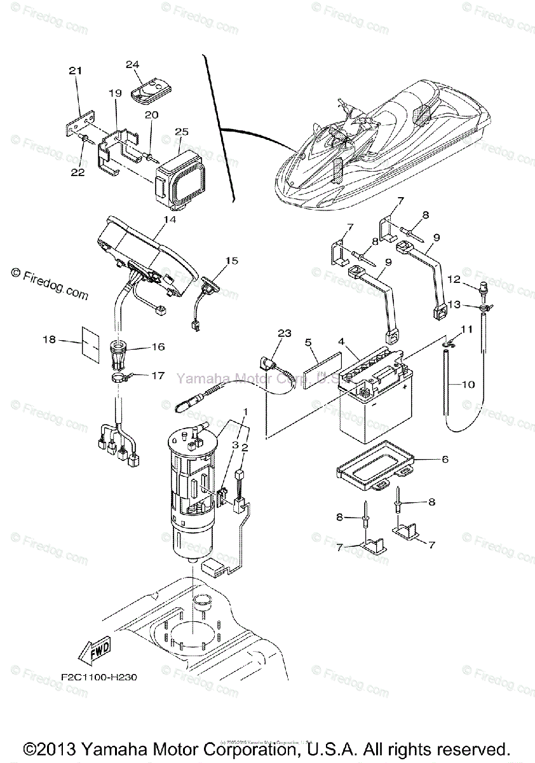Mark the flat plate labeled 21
tap(79, 123)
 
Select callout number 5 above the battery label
tap(308, 342)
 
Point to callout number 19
tap(115, 92)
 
